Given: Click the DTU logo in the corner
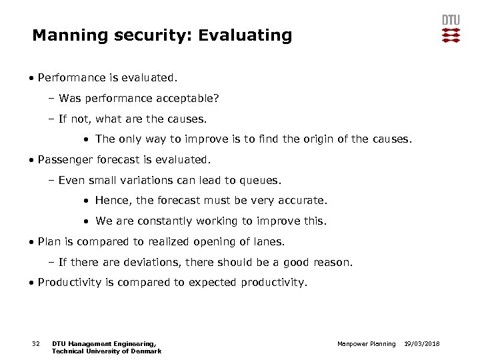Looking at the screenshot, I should coord(451,29).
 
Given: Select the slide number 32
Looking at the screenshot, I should coord(37,344).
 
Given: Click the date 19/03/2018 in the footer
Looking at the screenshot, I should coord(422,344).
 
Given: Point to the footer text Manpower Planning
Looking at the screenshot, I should coord(365,344).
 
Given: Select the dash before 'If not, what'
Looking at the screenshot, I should coord(51,119).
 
